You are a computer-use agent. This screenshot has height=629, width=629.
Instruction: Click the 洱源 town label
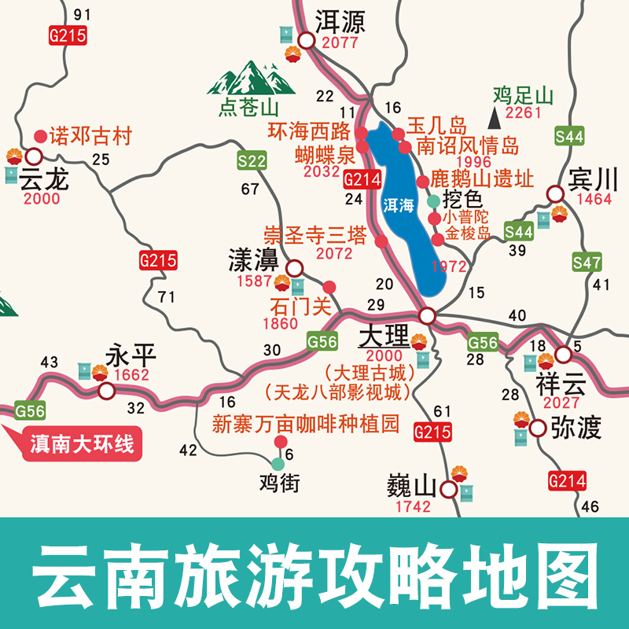340,20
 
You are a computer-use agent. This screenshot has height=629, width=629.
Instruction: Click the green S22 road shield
252,162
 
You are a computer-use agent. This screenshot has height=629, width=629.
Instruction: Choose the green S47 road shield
587,262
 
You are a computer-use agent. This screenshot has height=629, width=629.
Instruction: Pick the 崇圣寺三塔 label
315,235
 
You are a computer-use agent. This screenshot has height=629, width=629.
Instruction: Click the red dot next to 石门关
329,287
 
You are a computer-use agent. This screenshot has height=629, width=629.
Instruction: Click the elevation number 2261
524,114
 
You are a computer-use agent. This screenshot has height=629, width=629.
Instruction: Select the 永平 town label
131,356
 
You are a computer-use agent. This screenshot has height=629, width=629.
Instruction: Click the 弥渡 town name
576,429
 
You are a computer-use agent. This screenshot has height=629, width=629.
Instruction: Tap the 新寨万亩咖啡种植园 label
307,425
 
